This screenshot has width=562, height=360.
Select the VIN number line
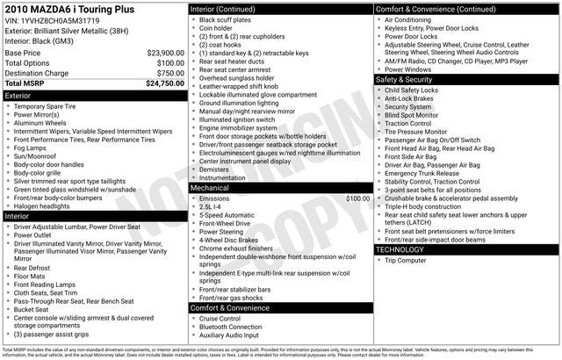point(53,19)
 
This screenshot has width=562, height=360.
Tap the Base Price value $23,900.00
point(165,53)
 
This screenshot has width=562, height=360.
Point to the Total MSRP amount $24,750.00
point(164,83)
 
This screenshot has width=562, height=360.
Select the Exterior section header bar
point(94,95)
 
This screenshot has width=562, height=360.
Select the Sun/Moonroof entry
point(39,155)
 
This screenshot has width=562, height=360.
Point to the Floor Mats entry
point(32,276)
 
